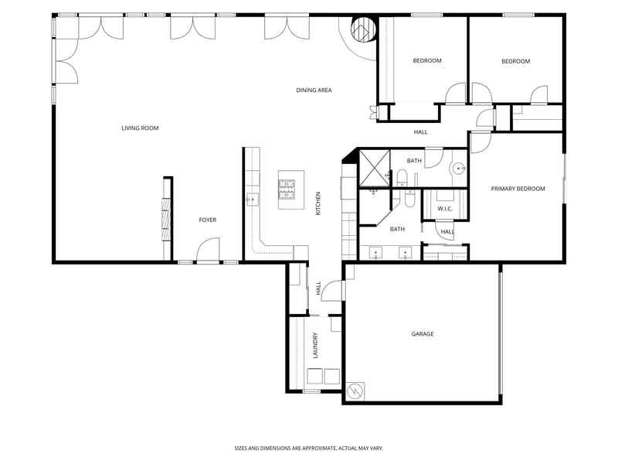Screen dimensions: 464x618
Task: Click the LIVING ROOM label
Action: click(140, 128)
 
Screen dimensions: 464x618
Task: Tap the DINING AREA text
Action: click(314, 90)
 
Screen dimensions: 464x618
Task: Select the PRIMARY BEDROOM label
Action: click(518, 189)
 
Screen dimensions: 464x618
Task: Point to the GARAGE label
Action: click(422, 334)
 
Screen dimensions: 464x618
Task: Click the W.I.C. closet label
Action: click(445, 209)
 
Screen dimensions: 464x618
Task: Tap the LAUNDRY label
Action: click(315, 346)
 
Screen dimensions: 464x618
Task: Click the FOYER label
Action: click(208, 220)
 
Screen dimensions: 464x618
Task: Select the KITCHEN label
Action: click(317, 203)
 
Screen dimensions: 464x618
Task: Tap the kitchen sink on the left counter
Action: click(252, 200)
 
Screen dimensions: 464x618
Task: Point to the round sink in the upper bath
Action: click(458, 168)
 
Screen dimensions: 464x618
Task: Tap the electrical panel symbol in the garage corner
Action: click(355, 391)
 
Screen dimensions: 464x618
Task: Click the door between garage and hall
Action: click(332, 290)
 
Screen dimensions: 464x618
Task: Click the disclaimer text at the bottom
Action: click(309, 448)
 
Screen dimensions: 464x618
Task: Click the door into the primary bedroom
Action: click(480, 142)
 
